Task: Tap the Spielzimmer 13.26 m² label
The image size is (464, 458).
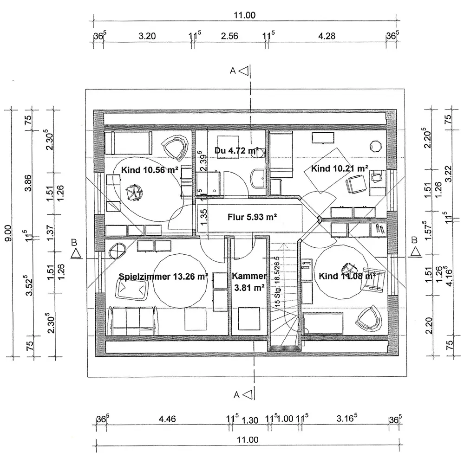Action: (x=163, y=277)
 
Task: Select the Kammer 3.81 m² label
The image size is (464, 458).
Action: (x=249, y=281)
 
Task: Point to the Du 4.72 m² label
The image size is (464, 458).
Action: (x=236, y=150)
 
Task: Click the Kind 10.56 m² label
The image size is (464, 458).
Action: (x=150, y=170)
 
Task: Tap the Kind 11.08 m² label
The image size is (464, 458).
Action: (x=347, y=277)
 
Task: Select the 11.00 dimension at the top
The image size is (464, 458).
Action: (x=244, y=15)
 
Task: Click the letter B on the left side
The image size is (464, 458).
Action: (x=74, y=242)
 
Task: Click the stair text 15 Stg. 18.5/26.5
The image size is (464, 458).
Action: (x=277, y=283)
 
